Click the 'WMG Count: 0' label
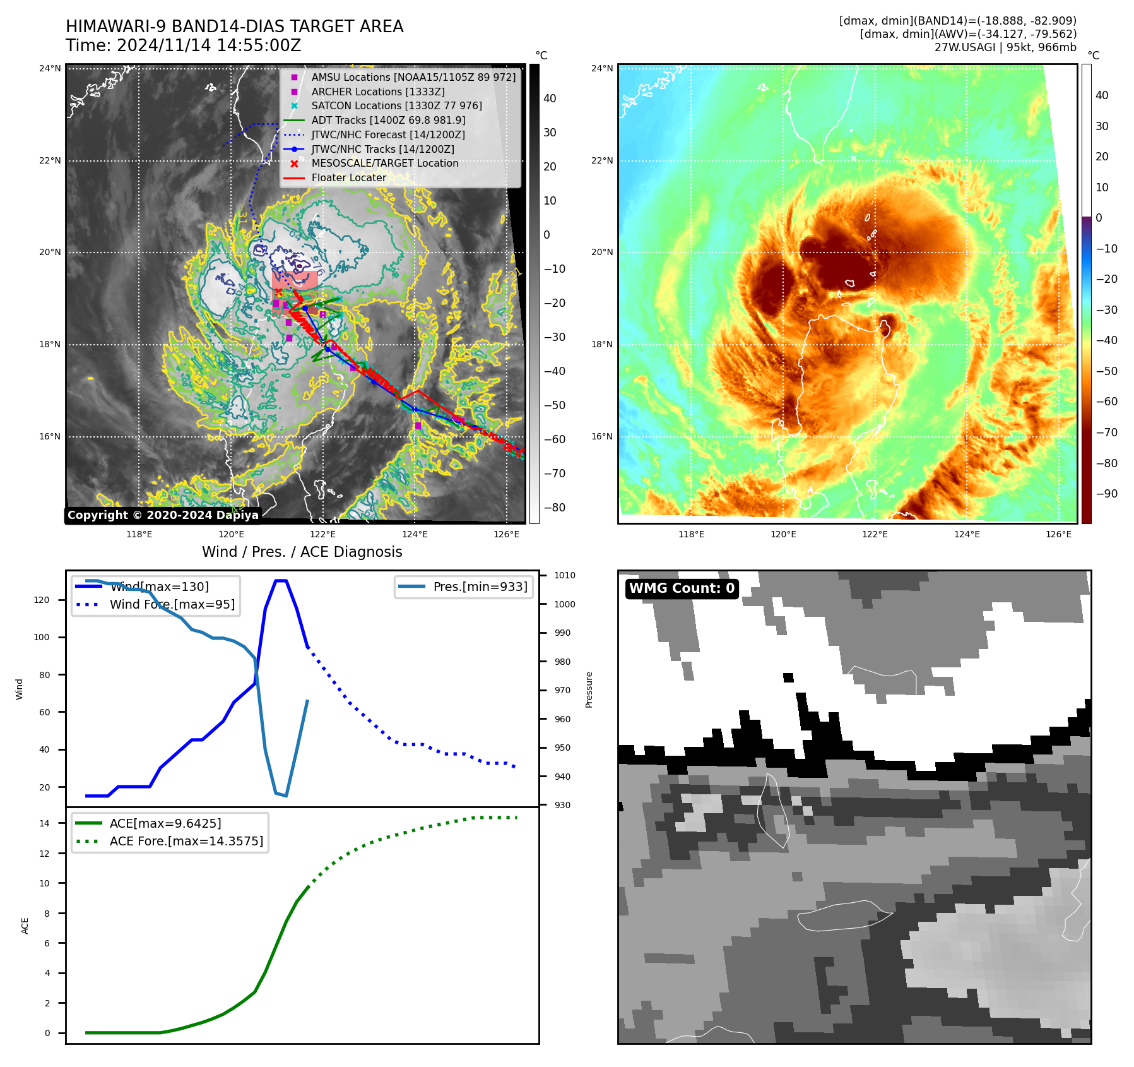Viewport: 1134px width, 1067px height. [x=682, y=588]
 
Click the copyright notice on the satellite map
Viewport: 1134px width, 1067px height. [x=163, y=515]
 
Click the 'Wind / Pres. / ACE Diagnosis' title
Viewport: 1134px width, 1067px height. [x=302, y=552]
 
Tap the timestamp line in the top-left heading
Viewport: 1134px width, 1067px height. [x=183, y=45]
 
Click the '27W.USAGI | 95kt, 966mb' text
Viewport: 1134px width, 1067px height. [x=1005, y=47]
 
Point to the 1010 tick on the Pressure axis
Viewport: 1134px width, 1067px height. [x=565, y=575]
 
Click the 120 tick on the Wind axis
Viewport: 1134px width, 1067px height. [x=42, y=600]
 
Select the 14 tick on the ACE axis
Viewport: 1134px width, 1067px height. [x=45, y=823]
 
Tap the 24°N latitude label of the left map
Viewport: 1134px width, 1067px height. [x=50, y=68]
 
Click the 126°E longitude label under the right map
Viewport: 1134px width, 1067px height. [x=1058, y=534]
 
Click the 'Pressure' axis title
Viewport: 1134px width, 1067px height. [x=589, y=689]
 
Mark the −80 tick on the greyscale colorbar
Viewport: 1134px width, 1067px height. [x=555, y=508]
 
